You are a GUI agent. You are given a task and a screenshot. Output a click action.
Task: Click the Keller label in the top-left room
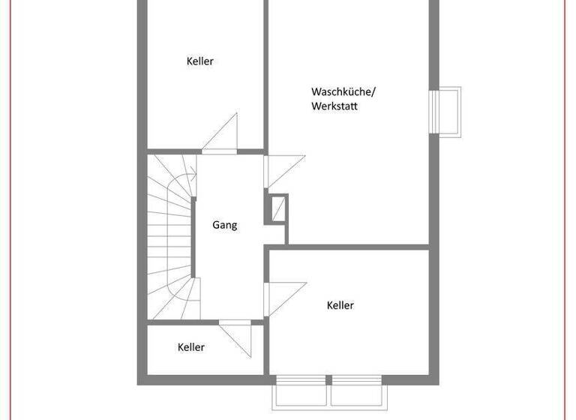[x=200, y=61]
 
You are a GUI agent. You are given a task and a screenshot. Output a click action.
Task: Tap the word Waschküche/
[x=343, y=91]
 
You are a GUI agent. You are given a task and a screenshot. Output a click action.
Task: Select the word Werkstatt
[x=334, y=106]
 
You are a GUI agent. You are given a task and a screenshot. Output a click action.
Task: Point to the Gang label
[x=224, y=225]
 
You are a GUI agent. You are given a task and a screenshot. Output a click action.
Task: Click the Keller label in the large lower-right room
[x=340, y=305]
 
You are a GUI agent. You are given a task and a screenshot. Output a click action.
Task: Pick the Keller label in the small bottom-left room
[x=191, y=347]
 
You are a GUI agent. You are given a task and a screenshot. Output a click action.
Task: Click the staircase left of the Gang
[x=169, y=236]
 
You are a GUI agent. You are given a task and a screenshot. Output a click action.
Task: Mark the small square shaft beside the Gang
[x=277, y=208]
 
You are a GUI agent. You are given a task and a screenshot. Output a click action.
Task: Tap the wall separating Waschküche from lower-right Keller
[x=352, y=247]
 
